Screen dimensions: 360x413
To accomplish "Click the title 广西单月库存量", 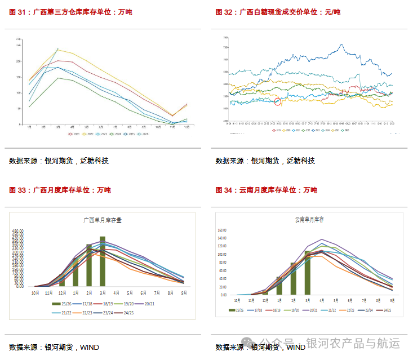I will pos(102,220).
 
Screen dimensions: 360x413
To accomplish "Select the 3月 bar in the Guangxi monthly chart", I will pos(103,261).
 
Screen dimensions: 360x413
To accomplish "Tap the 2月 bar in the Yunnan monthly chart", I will pos(294,278).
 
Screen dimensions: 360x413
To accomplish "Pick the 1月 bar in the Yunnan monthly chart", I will pos(279,286).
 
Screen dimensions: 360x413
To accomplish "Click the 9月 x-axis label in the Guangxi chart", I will pos(183,293).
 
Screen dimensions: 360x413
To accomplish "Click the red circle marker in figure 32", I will pos(278,102).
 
